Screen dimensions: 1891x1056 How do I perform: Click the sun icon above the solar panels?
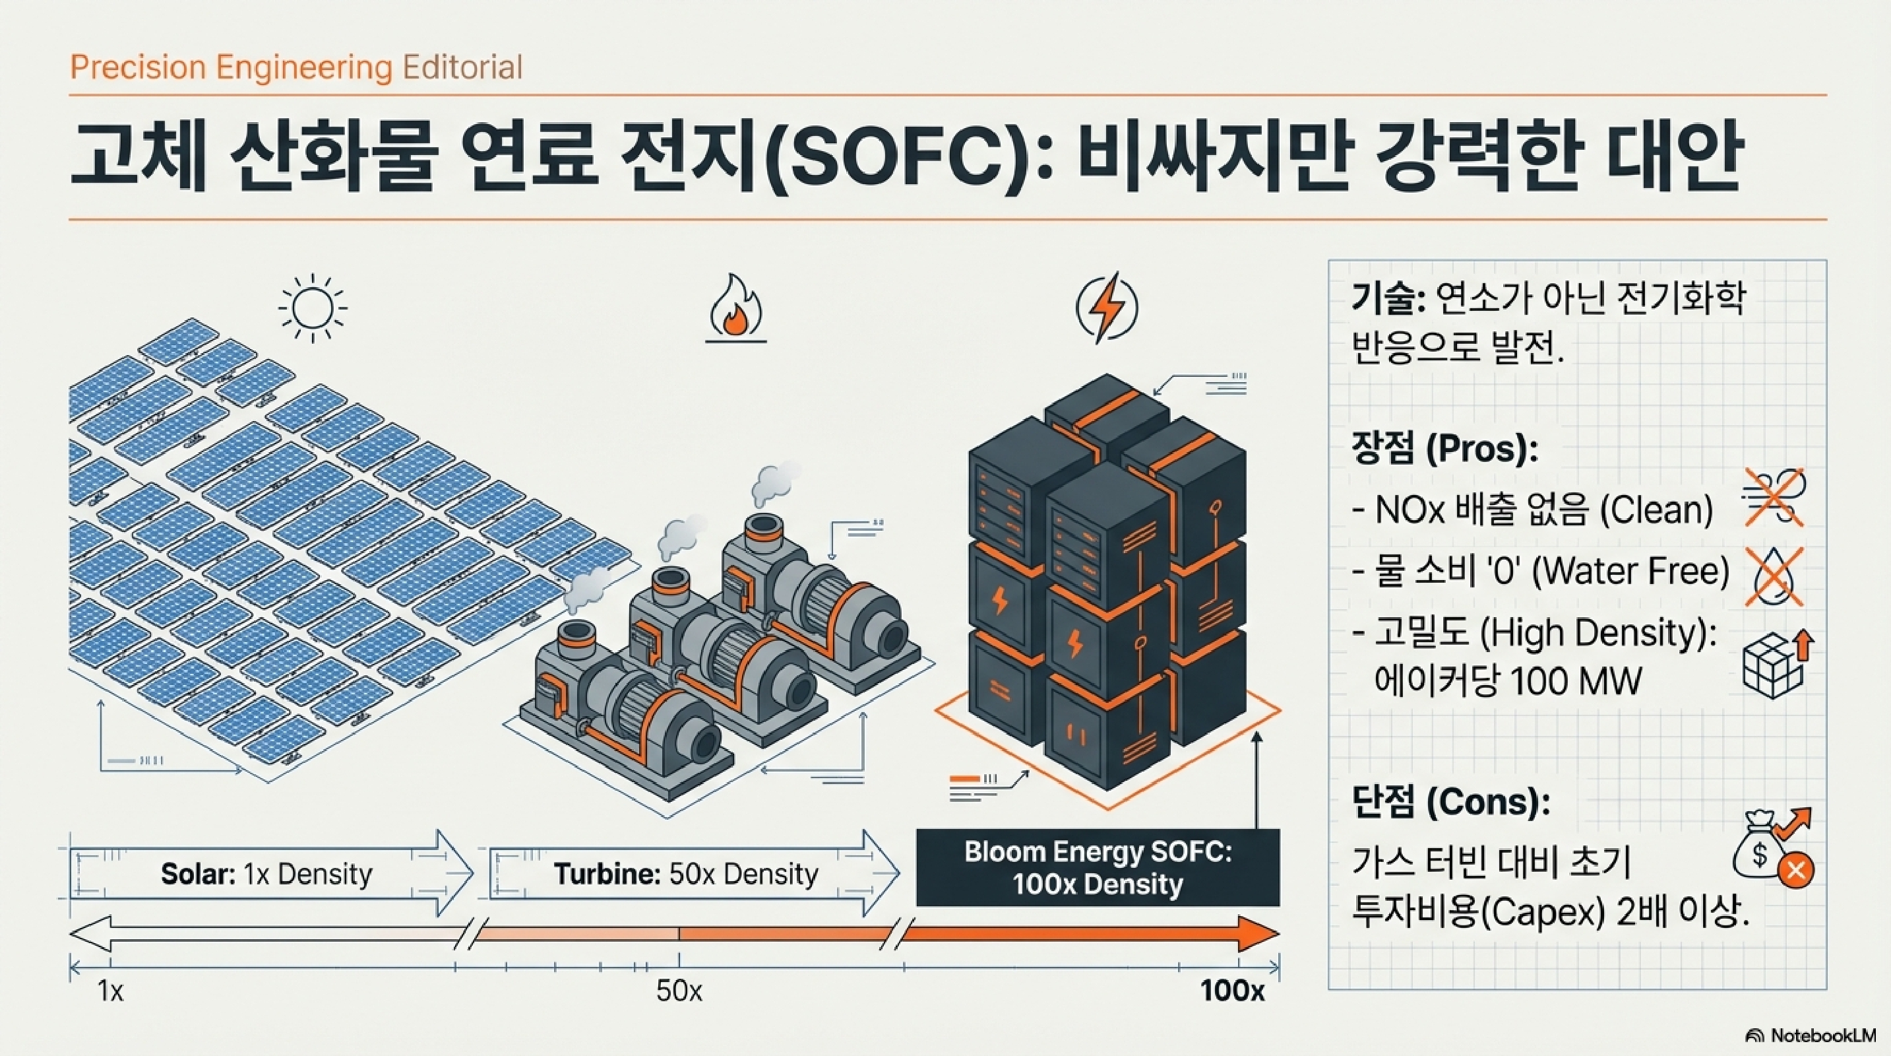(x=313, y=308)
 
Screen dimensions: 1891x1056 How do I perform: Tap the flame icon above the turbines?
(x=735, y=308)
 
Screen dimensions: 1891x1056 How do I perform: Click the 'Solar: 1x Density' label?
(x=266, y=874)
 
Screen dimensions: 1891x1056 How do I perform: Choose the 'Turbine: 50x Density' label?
(x=686, y=874)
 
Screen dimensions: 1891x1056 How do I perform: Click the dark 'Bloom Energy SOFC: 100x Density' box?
(x=1098, y=867)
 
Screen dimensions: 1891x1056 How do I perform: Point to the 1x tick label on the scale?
(x=111, y=992)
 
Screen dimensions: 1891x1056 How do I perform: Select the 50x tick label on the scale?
(x=679, y=992)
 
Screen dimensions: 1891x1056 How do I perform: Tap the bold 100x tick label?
(x=1233, y=992)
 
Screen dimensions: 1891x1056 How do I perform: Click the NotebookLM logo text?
(x=1822, y=1036)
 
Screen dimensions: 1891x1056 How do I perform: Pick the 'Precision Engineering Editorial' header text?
(x=296, y=67)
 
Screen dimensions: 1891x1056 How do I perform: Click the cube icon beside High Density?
(x=1774, y=665)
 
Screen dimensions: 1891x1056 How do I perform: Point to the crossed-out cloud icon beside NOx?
(x=1774, y=498)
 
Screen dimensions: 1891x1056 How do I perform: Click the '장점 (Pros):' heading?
(x=1444, y=449)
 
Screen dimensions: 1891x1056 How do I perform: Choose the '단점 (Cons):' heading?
(x=1450, y=802)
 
